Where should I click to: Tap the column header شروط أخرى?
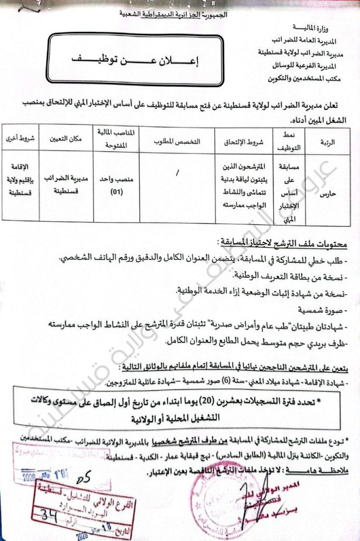20,139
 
